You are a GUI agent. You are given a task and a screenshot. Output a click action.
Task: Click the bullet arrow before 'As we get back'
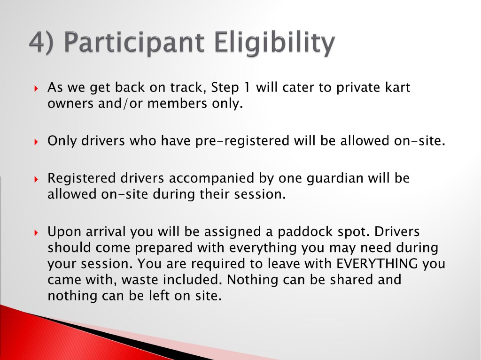click(36, 89)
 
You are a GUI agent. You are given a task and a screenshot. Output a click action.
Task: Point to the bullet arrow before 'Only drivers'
click(36, 142)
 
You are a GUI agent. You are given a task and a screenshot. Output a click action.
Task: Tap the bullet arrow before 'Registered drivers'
click(36, 179)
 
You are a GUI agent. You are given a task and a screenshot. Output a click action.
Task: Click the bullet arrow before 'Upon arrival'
click(36, 233)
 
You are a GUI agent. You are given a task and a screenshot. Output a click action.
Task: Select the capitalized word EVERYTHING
click(377, 264)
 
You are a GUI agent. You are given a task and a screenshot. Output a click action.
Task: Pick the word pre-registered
click(242, 141)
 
